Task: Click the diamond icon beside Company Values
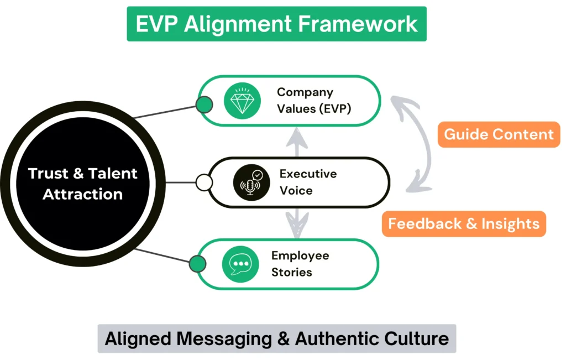point(242,101)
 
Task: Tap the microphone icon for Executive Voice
point(251,182)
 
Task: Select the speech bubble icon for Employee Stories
point(240,264)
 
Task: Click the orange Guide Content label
point(499,134)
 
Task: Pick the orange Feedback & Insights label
point(464,223)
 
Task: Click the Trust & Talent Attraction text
point(83,184)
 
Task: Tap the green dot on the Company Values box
point(204,104)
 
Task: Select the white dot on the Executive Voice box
point(204,182)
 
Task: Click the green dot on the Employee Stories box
point(197,264)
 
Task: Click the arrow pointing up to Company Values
point(298,143)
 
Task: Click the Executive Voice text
point(307,182)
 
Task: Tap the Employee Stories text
point(300,264)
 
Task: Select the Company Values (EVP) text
point(313,100)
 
